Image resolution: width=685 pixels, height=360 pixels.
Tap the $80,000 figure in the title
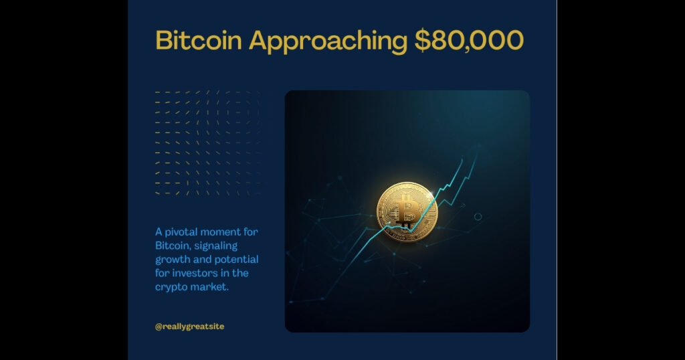[469, 41]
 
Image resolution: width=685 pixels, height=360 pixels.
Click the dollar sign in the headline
[422, 41]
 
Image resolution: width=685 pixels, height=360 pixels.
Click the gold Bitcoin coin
[407, 213]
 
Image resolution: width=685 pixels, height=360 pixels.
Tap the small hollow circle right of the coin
[478, 217]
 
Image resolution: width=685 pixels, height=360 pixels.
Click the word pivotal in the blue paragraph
[183, 232]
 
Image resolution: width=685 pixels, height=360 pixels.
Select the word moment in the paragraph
[221, 232]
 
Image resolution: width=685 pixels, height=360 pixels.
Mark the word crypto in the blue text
[173, 287]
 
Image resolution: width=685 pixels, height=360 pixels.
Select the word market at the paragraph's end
[211, 287]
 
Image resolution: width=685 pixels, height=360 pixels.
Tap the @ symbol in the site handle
[159, 327]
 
